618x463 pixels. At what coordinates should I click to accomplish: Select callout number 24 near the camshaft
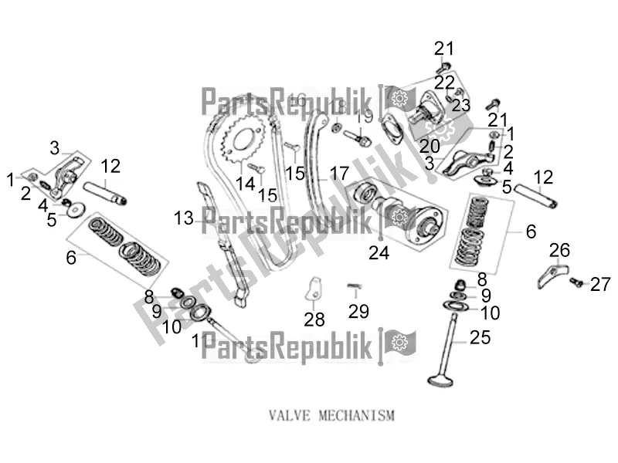379,252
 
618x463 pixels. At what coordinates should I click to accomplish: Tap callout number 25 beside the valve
480,336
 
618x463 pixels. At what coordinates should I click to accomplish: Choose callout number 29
358,311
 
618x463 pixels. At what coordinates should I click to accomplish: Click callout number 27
600,285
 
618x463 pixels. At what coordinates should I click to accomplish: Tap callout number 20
430,146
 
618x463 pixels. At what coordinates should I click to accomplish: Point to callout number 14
245,183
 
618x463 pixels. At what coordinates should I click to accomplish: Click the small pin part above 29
355,286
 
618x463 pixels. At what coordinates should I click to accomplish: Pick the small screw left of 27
576,284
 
